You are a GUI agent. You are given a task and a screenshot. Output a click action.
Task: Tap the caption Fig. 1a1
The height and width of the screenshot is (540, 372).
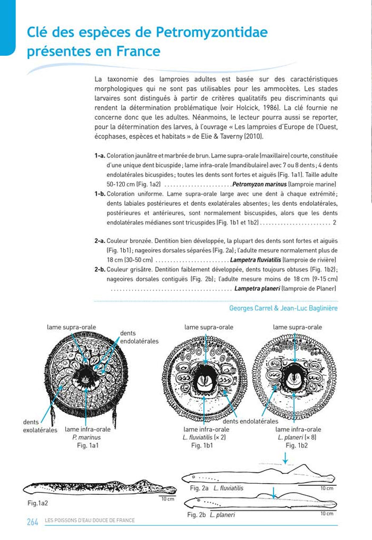click(x=86, y=445)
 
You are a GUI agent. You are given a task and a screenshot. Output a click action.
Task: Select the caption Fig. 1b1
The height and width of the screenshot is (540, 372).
click(x=202, y=445)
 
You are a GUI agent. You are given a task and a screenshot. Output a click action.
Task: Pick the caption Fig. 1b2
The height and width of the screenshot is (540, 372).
click(x=297, y=445)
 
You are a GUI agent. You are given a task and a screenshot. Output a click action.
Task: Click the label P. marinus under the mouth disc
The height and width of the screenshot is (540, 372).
click(x=86, y=437)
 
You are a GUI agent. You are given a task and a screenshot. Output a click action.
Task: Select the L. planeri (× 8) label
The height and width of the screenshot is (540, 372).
click(x=297, y=437)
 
